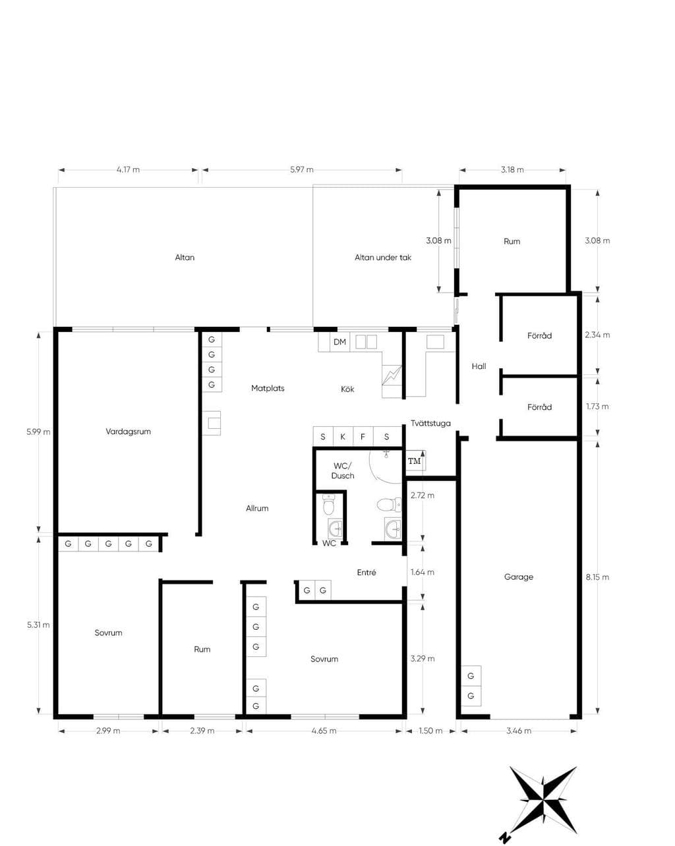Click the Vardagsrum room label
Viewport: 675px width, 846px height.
pyautogui.click(x=128, y=432)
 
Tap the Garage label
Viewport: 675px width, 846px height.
pyautogui.click(x=518, y=577)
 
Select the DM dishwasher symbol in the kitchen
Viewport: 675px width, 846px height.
pyautogui.click(x=339, y=341)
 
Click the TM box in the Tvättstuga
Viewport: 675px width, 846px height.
pyautogui.click(x=415, y=461)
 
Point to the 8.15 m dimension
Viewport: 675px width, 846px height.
pyautogui.click(x=597, y=577)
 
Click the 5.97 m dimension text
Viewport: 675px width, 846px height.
pyautogui.click(x=302, y=169)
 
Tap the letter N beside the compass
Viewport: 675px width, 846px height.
pyautogui.click(x=503, y=837)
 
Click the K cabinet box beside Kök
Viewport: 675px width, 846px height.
pyautogui.click(x=343, y=437)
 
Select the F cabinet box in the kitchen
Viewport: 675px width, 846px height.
pyautogui.click(x=363, y=437)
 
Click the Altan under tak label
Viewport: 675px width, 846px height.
pyautogui.click(x=383, y=257)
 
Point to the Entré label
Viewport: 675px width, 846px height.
pyautogui.click(x=367, y=573)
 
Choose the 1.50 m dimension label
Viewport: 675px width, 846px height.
pyautogui.click(x=430, y=731)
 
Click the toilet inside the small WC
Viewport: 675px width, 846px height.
pyautogui.click(x=328, y=505)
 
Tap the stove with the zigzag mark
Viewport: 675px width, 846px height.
pyautogui.click(x=392, y=376)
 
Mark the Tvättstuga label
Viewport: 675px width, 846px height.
pyautogui.click(x=430, y=423)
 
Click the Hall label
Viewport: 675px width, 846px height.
pyautogui.click(x=479, y=366)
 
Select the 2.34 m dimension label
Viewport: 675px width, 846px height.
pyautogui.click(x=597, y=335)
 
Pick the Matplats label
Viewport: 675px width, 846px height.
pyautogui.click(x=268, y=388)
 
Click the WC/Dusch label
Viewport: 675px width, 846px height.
pyautogui.click(x=343, y=470)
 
